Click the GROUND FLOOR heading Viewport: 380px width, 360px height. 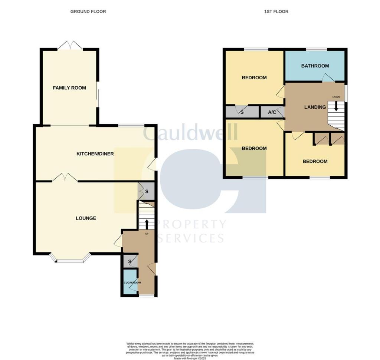88,11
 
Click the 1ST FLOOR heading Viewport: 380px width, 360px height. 276,11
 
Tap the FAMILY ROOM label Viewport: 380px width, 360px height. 69,88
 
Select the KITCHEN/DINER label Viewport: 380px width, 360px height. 95,154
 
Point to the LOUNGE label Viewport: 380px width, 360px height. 86,218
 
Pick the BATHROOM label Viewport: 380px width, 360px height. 315,66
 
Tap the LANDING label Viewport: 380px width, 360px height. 315,107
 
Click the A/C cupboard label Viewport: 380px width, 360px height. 272,112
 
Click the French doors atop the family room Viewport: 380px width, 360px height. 70,46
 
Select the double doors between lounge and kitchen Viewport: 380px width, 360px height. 65,178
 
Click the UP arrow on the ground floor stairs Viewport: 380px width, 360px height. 147,224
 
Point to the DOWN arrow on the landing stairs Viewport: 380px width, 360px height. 336,106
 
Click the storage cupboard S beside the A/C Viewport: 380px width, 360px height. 242,112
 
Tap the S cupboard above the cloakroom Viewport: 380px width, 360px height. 130,261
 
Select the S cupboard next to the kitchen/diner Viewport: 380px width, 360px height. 147,192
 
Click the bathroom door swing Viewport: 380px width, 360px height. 328,78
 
